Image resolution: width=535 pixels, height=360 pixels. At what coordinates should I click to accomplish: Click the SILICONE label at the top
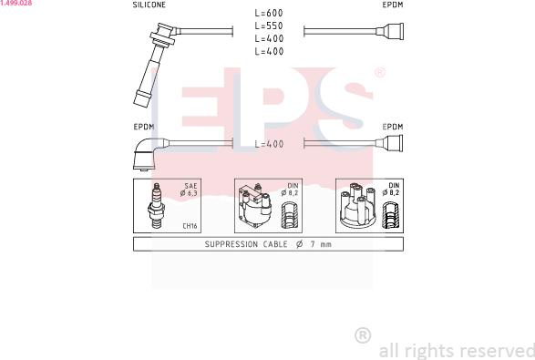pyautogui.click(x=149, y=5)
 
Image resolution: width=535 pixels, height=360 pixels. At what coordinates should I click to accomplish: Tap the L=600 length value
pyautogui.click(x=269, y=13)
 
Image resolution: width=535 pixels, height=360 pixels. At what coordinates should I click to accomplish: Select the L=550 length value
pyautogui.click(x=269, y=26)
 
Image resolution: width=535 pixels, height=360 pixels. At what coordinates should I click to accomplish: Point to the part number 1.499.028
pyautogui.click(x=16, y=3)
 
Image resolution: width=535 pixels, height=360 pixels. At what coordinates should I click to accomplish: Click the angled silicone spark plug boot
pyautogui.click(x=156, y=64)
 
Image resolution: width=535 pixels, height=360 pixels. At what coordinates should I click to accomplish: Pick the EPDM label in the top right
pyautogui.click(x=393, y=5)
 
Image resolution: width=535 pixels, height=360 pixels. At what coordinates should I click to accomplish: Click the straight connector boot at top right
pyautogui.click(x=390, y=31)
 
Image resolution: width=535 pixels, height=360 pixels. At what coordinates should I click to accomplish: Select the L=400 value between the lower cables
pyautogui.click(x=269, y=144)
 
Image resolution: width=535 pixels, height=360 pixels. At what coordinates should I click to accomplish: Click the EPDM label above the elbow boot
pyautogui.click(x=144, y=127)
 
